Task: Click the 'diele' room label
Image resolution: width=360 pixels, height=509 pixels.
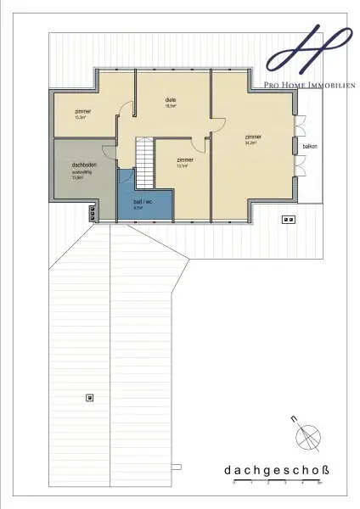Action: (x=171, y=100)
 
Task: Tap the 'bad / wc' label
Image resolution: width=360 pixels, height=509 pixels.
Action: (x=143, y=201)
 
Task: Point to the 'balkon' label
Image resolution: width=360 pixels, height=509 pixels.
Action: (x=309, y=147)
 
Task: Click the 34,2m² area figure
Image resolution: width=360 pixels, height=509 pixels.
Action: (x=251, y=144)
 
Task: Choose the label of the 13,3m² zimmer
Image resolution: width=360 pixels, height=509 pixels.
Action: (x=82, y=112)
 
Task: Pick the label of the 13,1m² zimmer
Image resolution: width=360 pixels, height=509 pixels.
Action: (x=184, y=159)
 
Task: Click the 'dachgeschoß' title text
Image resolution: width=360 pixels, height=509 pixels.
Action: (x=271, y=469)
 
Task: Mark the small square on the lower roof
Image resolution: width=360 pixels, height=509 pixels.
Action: (x=88, y=397)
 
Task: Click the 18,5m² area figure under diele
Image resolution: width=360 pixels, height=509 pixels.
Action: (x=171, y=107)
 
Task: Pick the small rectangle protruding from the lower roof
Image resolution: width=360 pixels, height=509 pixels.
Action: (x=176, y=465)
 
